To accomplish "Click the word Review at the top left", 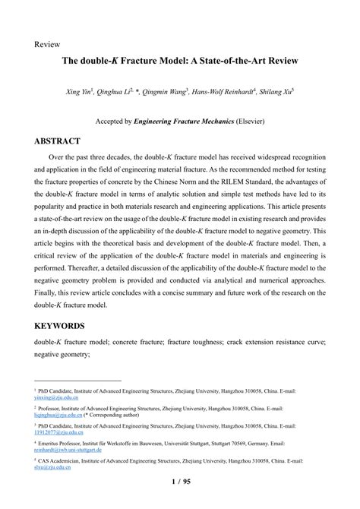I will click(x=47, y=44).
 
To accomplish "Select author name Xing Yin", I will click(x=79, y=92).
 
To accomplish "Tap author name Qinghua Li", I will click(x=115, y=92).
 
